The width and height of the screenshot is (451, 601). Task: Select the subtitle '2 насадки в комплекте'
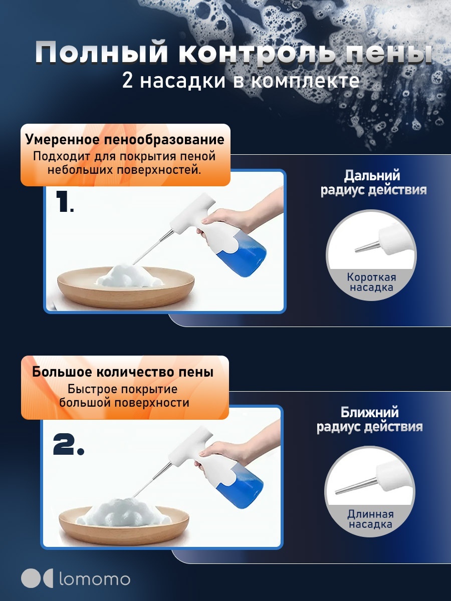coord(241,81)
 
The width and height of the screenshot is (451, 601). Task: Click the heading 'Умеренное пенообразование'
coord(125,139)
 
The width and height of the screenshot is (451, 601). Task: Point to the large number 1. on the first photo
coord(65,201)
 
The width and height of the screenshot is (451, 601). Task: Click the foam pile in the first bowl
coord(128,276)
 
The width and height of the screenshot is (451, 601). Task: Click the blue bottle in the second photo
coord(239,490)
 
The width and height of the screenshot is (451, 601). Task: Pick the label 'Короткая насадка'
coord(371,282)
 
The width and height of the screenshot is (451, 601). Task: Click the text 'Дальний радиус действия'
coord(373,183)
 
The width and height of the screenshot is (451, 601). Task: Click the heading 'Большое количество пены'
coord(123,372)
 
